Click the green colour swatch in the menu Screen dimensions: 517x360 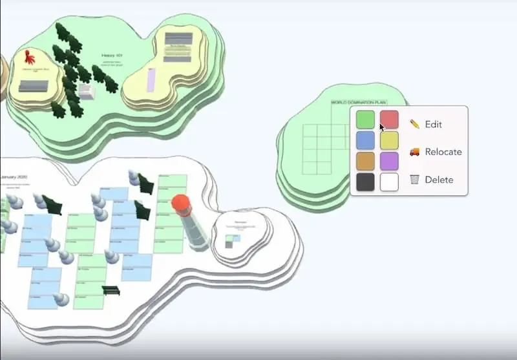[365, 120]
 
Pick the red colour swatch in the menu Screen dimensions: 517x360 [389, 120]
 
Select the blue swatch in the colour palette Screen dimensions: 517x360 [365, 140]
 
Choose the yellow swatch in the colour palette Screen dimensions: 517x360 [389, 140]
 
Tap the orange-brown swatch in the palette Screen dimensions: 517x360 [365, 161]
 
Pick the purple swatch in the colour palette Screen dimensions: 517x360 [389, 161]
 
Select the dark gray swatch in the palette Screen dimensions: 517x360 [365, 182]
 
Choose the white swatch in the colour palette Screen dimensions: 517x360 [389, 182]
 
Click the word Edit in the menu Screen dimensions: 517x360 [434, 124]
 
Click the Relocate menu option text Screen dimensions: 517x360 [443, 152]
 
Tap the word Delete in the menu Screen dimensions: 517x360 [439, 180]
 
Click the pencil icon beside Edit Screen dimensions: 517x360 [414, 124]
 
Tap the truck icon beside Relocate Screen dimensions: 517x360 [414, 152]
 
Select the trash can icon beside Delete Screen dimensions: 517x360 [414, 180]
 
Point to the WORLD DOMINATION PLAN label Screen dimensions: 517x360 [359, 103]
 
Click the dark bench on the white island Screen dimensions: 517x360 [111, 290]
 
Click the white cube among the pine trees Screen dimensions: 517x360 [87, 92]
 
